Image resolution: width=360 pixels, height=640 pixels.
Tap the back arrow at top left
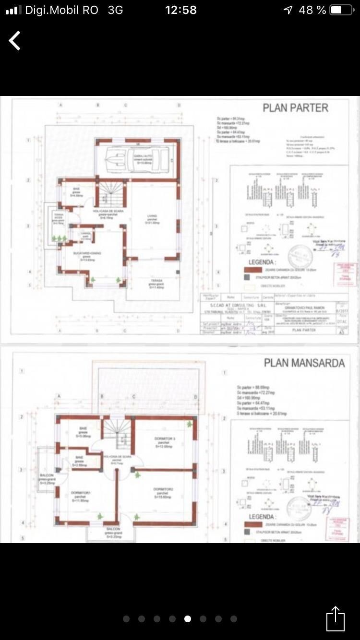coord(15,41)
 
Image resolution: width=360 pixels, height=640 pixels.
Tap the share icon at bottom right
coord(336,619)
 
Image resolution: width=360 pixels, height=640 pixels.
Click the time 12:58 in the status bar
coord(180,10)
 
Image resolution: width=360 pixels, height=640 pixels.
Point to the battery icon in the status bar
coord(342,10)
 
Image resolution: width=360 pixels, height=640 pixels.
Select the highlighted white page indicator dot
coord(187,619)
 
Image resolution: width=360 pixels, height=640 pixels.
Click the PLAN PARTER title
coord(295,108)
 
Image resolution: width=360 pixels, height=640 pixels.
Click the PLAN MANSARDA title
coord(304,363)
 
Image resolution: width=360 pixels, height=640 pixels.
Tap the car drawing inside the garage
coord(138,157)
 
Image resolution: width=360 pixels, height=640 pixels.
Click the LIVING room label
coord(152,216)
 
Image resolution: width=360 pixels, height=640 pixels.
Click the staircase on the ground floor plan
coord(113,191)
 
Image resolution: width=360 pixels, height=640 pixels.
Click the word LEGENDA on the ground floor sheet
coord(262,263)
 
